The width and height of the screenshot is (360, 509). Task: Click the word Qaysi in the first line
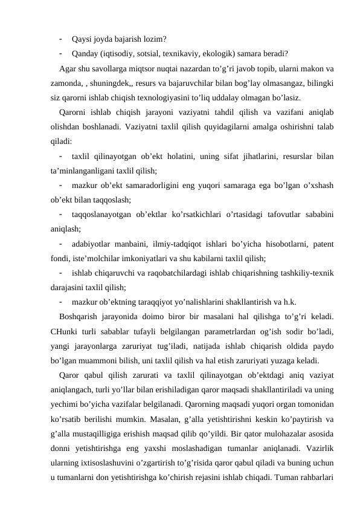[x=81, y=40]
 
